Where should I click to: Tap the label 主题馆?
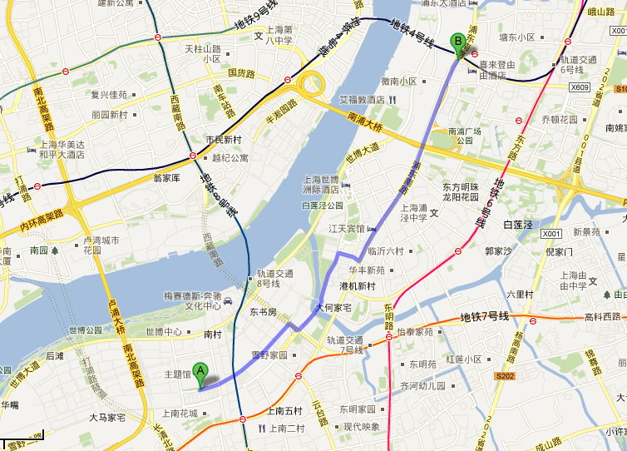tap(175, 374)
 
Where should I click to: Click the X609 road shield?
tap(580, 87)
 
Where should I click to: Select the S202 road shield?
tap(505, 377)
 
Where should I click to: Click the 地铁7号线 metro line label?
tap(485, 317)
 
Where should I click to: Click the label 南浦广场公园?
tap(466, 136)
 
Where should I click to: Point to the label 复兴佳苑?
tap(109, 95)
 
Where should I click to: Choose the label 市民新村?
tap(223, 139)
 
